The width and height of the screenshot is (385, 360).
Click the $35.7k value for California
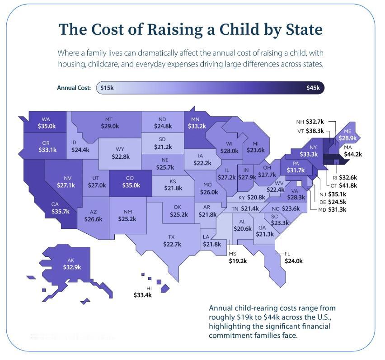coord(61,212)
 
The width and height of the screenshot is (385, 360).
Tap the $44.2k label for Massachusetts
coord(353,154)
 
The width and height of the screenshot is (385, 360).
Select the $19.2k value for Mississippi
coord(238,261)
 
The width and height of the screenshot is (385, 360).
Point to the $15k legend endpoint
coord(107,88)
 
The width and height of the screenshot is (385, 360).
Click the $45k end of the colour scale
coord(313,88)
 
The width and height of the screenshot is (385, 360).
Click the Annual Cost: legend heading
coord(74,88)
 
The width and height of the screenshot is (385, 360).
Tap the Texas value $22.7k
coord(172,244)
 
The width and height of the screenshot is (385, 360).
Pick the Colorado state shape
coord(131,183)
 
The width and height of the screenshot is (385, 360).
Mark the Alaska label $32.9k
coord(72,267)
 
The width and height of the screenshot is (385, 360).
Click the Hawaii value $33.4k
coord(143,295)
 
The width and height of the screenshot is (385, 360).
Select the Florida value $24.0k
coord(294,261)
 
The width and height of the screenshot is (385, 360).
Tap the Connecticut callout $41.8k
coord(348,185)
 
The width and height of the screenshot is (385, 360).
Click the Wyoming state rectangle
coord(120,154)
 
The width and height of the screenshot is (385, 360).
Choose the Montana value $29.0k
coord(110,126)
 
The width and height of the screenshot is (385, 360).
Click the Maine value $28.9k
coord(347,138)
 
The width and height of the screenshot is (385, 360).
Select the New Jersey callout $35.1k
coord(337,194)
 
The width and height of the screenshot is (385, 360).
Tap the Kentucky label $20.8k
coord(256,197)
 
